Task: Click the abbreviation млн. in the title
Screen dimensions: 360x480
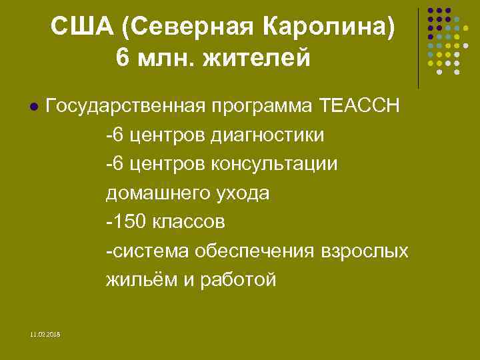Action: click(172, 57)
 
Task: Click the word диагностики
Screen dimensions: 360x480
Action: click(267, 135)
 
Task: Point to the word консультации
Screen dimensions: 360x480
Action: click(274, 164)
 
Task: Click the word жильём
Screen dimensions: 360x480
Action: click(140, 280)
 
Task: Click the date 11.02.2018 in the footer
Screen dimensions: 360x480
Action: click(45, 333)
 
